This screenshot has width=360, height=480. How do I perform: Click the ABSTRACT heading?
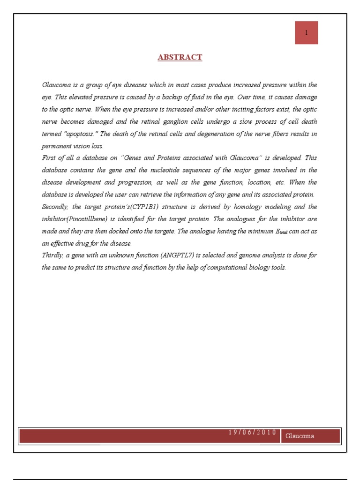(180, 57)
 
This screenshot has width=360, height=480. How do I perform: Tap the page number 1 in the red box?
(307, 33)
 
